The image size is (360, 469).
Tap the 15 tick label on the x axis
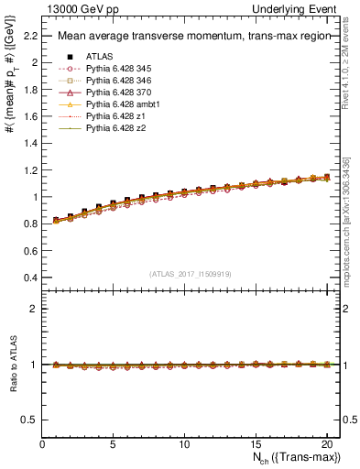click(255, 444)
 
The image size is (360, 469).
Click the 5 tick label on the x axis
click(113, 444)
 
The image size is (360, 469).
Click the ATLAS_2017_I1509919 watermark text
click(191, 273)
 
